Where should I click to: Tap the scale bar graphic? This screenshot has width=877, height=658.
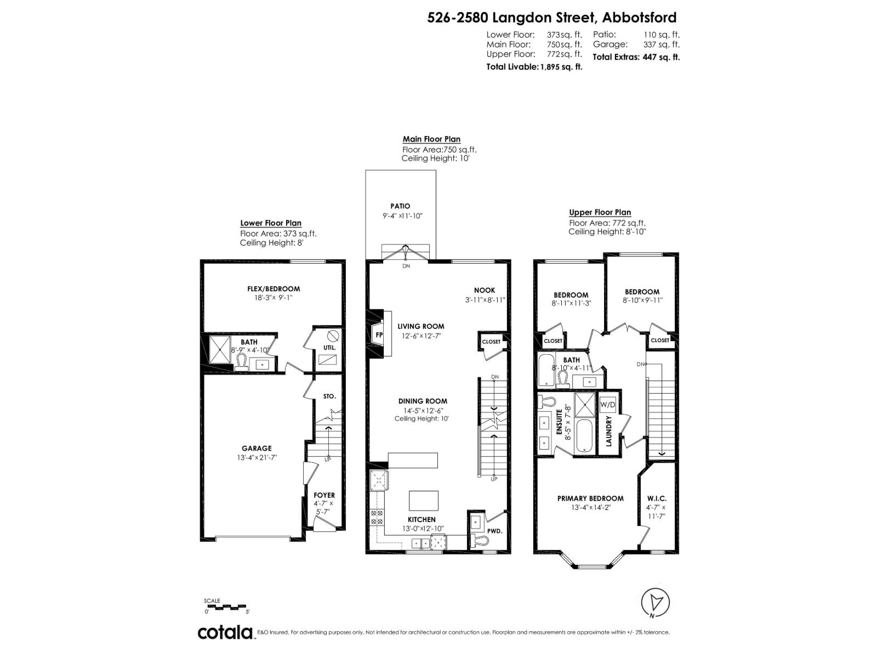pyautogui.click(x=227, y=607)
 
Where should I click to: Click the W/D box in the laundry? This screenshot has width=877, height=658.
pyautogui.click(x=607, y=405)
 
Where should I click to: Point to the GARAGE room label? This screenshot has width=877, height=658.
pyautogui.click(x=257, y=448)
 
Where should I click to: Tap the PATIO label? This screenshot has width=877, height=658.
pyautogui.click(x=400, y=206)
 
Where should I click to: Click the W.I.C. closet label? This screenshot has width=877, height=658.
pyautogui.click(x=657, y=498)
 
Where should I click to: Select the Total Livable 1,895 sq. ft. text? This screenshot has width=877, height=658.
pyautogui.click(x=534, y=67)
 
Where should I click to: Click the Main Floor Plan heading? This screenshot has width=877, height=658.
pyautogui.click(x=431, y=139)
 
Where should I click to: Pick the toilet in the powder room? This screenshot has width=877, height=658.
pyautogui.click(x=481, y=542)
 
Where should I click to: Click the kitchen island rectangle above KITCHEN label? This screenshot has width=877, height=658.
pyautogui.click(x=424, y=501)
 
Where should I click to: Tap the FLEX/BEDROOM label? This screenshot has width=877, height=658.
pyautogui.click(x=274, y=289)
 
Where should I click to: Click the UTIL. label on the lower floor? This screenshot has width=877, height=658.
pyautogui.click(x=330, y=348)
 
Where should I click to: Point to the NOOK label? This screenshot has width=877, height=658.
pyautogui.click(x=485, y=290)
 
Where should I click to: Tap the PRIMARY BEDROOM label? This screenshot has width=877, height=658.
pyautogui.click(x=590, y=498)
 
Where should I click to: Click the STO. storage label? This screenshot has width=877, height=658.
pyautogui.click(x=329, y=396)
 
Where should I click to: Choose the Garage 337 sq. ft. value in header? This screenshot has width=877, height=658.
pyautogui.click(x=661, y=44)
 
